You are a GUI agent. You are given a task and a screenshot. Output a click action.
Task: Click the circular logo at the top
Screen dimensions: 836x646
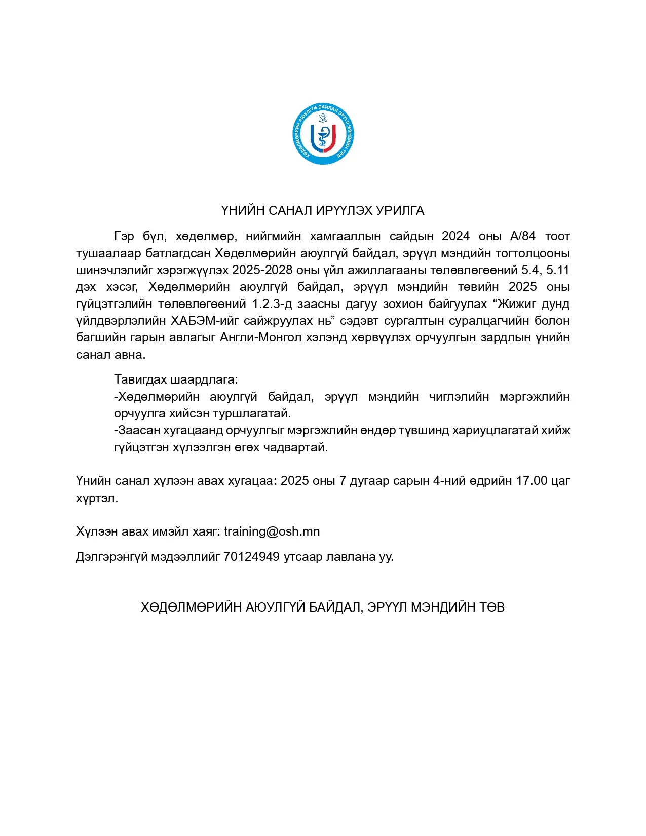tap(323, 134)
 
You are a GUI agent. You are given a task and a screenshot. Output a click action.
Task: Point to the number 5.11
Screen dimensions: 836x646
tap(558, 270)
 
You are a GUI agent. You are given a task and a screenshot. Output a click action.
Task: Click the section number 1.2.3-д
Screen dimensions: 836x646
tap(274, 304)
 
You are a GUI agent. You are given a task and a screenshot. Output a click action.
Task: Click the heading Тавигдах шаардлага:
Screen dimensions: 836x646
tap(176, 379)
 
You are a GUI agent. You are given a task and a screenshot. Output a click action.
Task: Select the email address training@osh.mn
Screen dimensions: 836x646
tap(272, 531)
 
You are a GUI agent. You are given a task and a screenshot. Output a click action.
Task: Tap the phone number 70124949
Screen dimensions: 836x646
tap(251, 557)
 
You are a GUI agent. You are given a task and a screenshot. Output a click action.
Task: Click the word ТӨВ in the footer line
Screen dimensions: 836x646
tap(492, 607)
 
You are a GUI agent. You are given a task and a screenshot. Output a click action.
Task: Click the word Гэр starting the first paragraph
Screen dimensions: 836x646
tap(124, 236)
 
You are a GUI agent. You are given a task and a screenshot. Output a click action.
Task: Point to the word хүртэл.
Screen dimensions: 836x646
tap(97, 498)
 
